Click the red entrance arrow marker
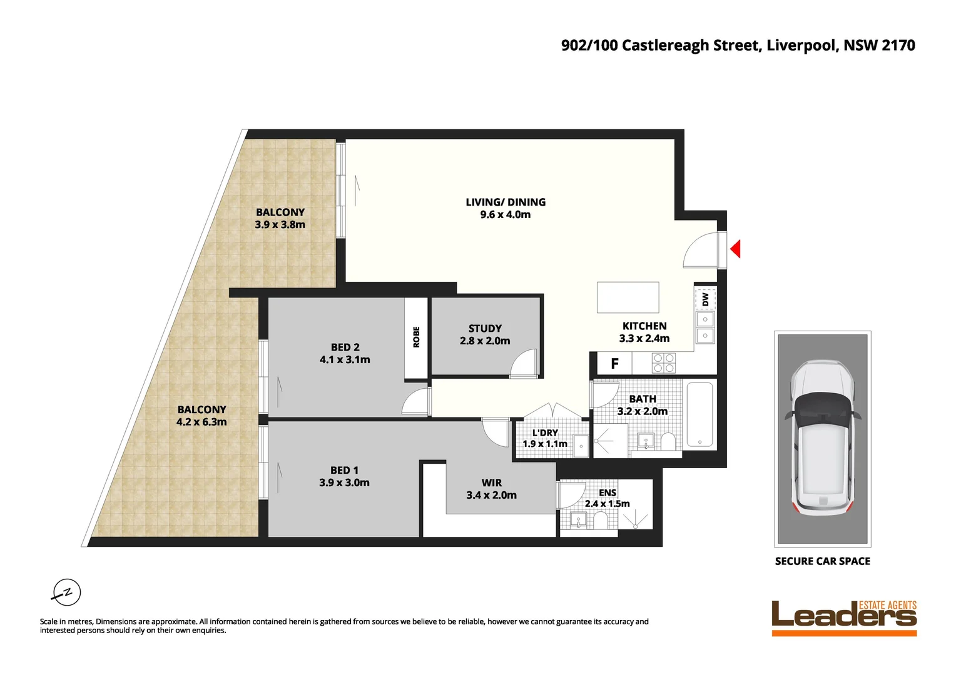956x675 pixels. (x=736, y=249)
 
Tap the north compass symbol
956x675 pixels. (x=66, y=592)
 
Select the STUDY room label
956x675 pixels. (x=485, y=328)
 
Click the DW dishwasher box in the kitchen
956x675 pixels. (x=705, y=299)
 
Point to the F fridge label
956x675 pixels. (x=614, y=364)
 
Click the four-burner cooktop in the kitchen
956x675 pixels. (x=664, y=363)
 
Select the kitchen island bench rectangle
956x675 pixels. (x=628, y=297)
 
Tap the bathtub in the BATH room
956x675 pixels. (x=699, y=415)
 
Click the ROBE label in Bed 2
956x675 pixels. (x=416, y=337)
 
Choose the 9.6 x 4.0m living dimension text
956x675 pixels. (x=505, y=214)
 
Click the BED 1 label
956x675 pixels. (x=344, y=470)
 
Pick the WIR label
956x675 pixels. (x=491, y=482)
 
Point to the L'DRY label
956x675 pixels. (x=545, y=432)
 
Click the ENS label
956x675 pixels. (x=607, y=492)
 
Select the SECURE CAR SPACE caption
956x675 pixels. (x=822, y=561)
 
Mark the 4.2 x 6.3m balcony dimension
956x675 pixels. (x=201, y=422)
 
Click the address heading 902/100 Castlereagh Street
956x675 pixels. (x=738, y=45)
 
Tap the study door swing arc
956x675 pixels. (x=524, y=364)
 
